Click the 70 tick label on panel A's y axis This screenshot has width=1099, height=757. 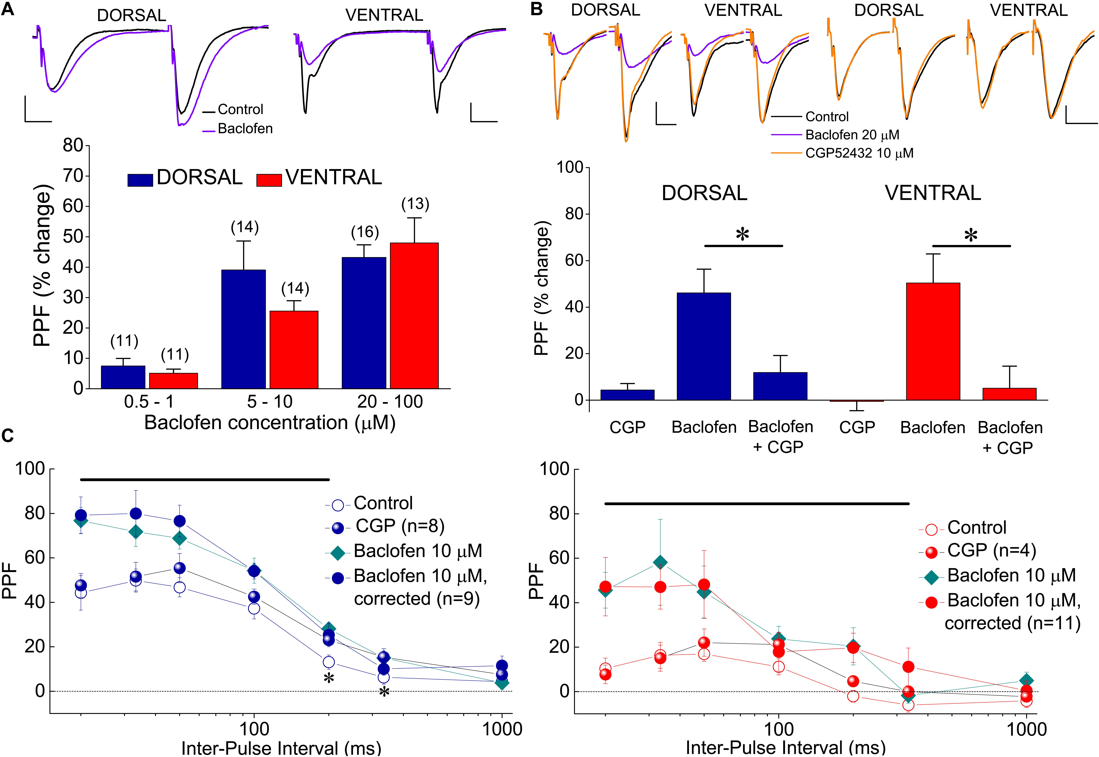(73, 176)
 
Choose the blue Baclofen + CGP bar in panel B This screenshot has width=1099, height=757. (780, 386)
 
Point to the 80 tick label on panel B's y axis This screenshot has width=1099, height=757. (572, 214)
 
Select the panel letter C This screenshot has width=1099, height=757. (8, 435)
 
